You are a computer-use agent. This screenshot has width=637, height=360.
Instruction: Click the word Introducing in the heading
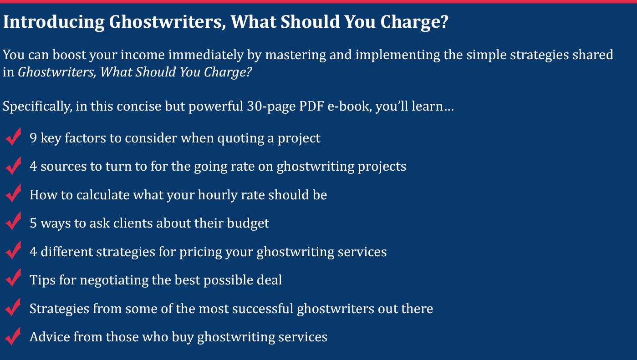[x=54, y=22]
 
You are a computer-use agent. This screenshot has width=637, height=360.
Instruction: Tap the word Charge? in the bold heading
[x=414, y=22]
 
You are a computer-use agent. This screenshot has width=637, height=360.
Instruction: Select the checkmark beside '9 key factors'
[x=13, y=137]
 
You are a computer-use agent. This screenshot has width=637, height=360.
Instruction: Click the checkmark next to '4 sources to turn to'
[x=13, y=165]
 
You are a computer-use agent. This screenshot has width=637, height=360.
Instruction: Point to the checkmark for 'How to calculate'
[x=13, y=193]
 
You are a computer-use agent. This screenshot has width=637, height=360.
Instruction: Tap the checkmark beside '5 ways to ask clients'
[x=13, y=221]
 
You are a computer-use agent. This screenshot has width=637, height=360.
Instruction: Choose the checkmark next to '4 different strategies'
[x=13, y=250]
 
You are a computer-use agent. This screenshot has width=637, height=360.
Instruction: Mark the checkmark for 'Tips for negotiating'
[x=13, y=278]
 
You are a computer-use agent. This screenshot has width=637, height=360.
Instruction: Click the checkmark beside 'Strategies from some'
[x=13, y=307]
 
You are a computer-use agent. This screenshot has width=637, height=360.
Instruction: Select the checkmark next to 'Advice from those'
[x=13, y=336]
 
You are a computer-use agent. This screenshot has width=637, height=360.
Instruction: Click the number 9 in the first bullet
[x=33, y=138]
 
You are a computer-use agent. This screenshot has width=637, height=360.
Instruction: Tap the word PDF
[x=311, y=106]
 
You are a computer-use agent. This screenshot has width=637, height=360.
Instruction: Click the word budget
[x=248, y=223]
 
